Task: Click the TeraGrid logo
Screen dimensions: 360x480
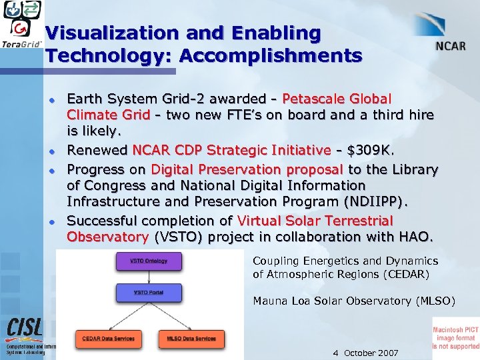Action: (23, 25)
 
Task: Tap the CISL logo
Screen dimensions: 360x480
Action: (25, 328)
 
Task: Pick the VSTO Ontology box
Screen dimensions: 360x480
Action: (149, 260)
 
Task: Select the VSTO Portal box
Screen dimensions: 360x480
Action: (149, 292)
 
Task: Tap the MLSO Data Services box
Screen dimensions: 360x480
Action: (191, 339)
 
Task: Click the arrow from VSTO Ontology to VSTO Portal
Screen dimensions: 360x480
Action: (149, 276)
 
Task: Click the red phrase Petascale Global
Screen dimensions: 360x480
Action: (337, 99)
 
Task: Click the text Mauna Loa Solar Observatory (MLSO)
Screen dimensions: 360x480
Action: (354, 301)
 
